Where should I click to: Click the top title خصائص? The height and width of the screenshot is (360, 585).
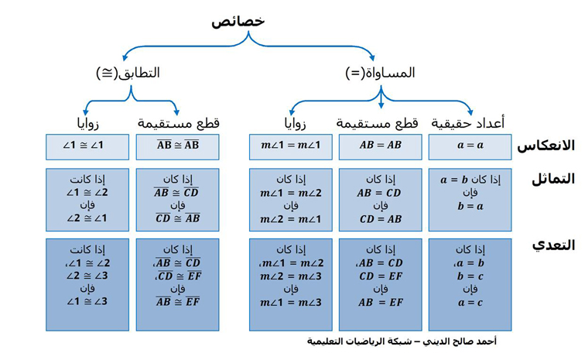point(238,21)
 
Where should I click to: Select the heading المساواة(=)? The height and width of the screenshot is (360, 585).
point(380,73)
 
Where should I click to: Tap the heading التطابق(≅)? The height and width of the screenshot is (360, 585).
point(128,73)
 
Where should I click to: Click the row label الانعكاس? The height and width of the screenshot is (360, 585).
point(546,146)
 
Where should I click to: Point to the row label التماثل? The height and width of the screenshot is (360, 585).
point(553,179)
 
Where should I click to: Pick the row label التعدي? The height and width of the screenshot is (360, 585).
point(554,245)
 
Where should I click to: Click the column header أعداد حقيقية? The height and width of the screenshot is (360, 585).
point(468,122)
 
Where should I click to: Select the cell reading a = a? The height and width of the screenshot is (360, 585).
point(470,147)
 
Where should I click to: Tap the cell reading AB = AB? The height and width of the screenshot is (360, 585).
point(380,147)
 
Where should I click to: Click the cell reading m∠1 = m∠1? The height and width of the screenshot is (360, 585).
point(291,147)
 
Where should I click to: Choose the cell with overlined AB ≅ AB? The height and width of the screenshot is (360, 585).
point(178,147)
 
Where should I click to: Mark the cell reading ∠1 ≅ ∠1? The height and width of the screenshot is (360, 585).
point(87,147)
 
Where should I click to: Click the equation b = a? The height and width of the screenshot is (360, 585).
point(470,206)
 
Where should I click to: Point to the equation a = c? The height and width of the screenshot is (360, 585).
point(470,302)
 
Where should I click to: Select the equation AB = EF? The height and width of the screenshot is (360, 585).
point(380,302)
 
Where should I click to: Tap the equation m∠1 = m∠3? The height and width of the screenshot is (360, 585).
point(291,302)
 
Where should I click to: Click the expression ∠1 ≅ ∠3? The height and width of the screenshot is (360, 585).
point(87,301)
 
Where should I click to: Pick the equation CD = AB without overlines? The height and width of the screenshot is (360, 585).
point(380,219)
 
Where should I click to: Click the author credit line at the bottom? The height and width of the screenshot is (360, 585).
point(402,341)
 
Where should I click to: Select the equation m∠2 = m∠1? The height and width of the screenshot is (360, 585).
point(291,219)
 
